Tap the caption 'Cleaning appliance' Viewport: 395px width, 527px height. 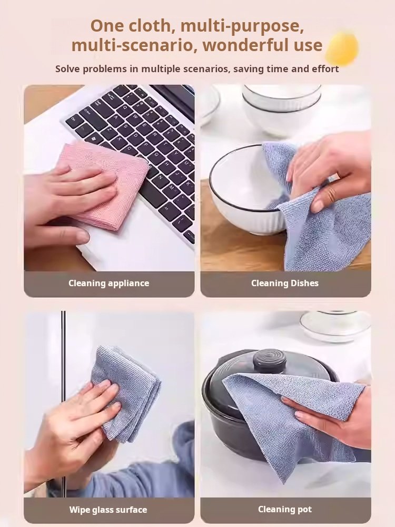109,283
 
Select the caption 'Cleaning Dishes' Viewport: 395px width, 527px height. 285,283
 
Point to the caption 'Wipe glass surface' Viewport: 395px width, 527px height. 108,510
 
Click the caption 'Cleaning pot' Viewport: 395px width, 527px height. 285,510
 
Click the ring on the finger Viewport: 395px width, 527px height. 331,194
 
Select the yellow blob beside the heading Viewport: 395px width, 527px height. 342,48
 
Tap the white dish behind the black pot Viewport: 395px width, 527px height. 335,326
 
